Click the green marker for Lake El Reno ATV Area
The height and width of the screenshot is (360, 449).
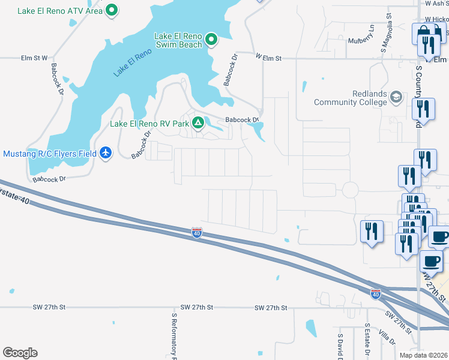pos(112,10)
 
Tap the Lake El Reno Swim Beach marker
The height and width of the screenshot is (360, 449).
pos(211,40)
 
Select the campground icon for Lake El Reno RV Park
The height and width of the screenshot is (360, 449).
pos(197,124)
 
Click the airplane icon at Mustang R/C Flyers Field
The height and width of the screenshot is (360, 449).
pos(106,154)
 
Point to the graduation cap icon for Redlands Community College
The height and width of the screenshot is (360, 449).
pos(396,97)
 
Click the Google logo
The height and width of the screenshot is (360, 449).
pos(20,353)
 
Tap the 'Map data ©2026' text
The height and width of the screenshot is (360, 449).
pos(423,355)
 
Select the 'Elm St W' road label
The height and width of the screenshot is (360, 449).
pos(34,58)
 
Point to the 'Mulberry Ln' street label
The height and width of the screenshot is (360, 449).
pos(361,35)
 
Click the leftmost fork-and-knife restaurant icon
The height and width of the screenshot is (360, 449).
pos(372,230)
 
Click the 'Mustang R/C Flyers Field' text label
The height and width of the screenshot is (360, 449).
pos(50,154)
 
